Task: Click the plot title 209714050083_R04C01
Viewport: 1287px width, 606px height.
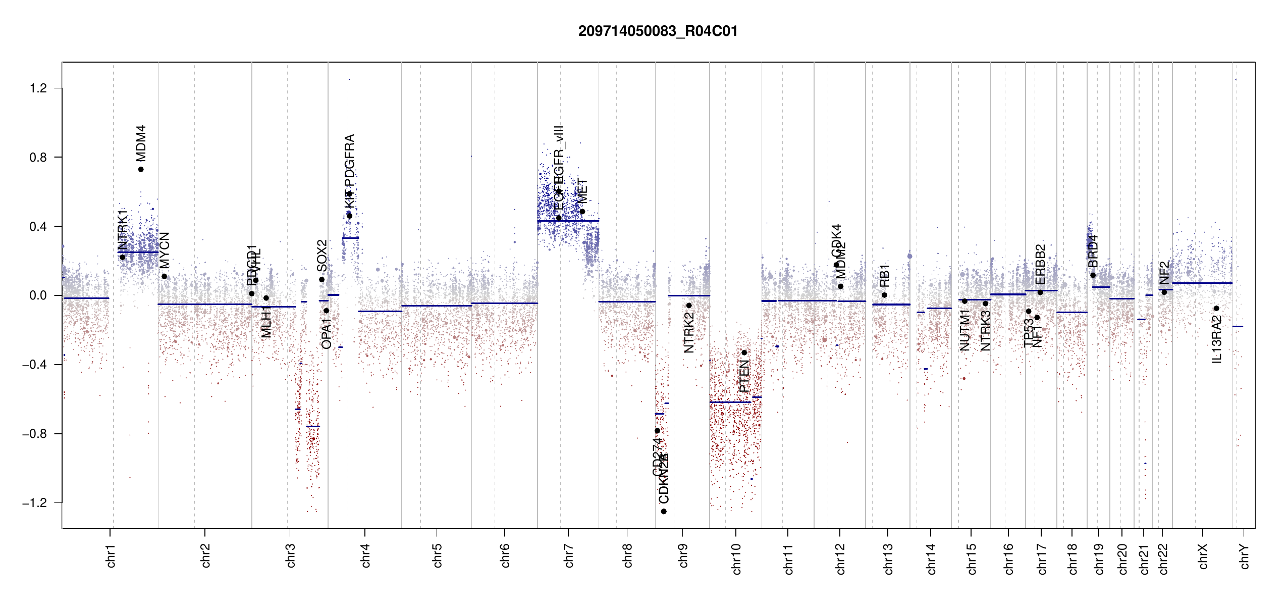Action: click(658, 31)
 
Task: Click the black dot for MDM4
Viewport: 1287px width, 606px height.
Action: click(141, 169)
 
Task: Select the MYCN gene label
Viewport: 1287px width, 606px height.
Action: click(165, 250)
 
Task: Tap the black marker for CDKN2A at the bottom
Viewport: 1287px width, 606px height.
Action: click(664, 512)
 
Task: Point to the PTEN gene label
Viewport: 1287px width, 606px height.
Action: click(744, 376)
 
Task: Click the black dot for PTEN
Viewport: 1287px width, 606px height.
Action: click(744, 352)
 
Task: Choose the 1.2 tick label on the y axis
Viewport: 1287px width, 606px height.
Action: click(38, 88)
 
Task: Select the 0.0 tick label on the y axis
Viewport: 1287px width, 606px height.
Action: click(38, 295)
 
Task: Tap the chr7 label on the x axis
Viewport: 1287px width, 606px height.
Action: click(569, 555)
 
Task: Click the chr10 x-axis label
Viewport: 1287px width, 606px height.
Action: click(736, 559)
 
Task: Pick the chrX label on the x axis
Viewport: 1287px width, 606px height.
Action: click(1203, 557)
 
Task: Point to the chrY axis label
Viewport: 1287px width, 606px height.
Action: click(1245, 557)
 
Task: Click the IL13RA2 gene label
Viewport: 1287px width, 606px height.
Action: click(1217, 339)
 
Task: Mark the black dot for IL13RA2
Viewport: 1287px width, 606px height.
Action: click(1216, 308)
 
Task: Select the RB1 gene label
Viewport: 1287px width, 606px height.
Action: click(884, 275)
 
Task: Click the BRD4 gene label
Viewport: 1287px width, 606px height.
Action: click(1093, 251)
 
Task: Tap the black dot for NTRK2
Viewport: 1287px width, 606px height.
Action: click(689, 306)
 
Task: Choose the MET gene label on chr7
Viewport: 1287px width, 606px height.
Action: click(583, 191)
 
